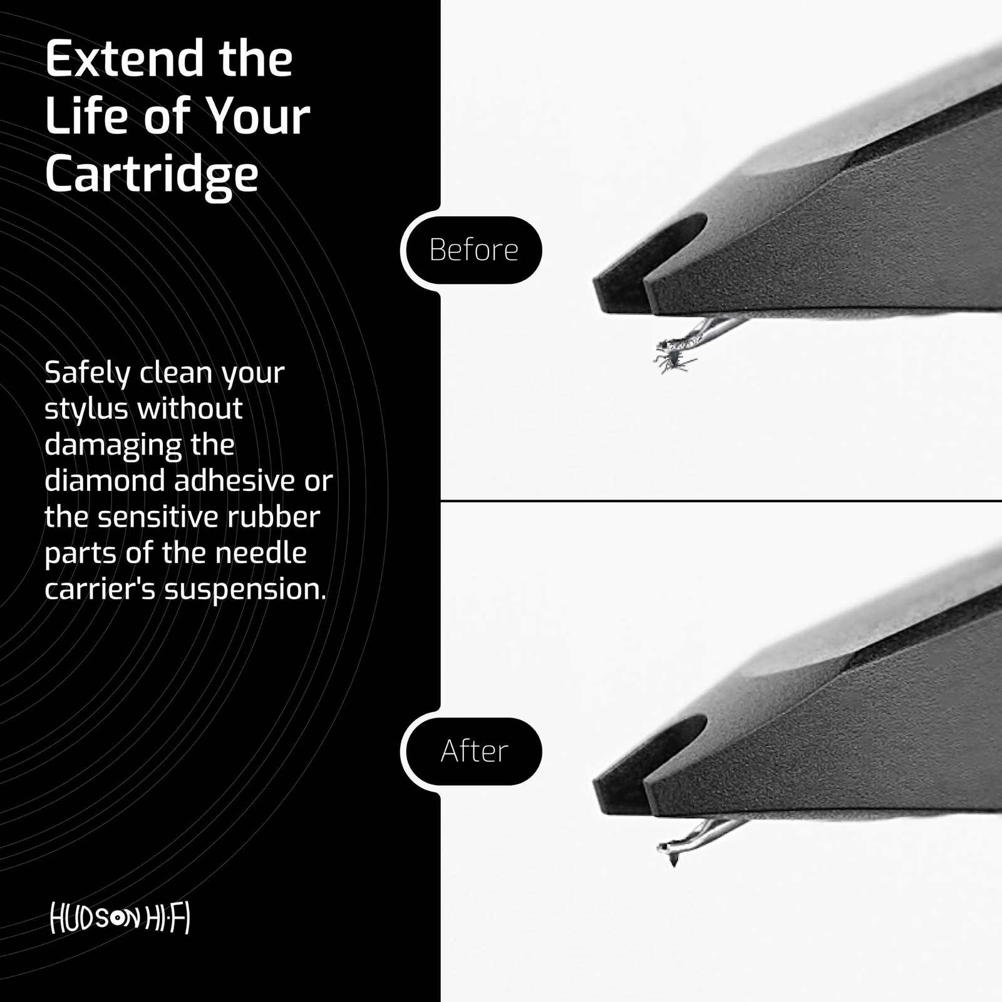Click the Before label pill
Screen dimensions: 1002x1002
coord(473,250)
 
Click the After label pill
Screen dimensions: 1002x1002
coord(473,751)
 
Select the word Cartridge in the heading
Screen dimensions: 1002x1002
coord(152,174)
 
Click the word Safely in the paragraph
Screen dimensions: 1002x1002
coord(87,374)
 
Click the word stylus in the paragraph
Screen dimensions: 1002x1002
coord(86,410)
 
